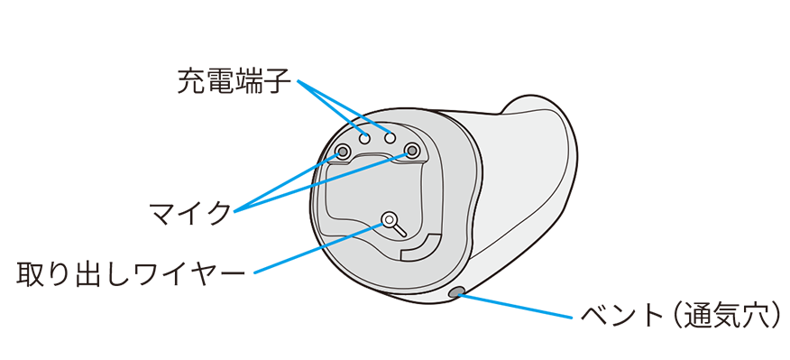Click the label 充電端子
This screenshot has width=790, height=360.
[x=234, y=82]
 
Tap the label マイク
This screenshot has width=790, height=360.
[x=189, y=214]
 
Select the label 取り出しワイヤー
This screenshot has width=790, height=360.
[x=131, y=274]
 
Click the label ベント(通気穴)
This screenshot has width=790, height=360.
[x=681, y=316]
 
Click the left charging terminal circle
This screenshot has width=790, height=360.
[x=364, y=137]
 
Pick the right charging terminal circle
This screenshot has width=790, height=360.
[x=389, y=136]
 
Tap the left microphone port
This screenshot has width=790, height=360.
[x=343, y=151]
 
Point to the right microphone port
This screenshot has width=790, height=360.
[x=412, y=150]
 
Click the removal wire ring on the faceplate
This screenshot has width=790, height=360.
[x=389, y=219]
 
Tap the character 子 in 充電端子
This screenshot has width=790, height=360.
[x=277, y=82]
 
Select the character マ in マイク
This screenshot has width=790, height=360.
[x=161, y=214]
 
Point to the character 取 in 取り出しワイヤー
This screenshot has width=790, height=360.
[x=29, y=274]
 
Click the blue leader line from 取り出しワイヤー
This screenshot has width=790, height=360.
[x=318, y=248]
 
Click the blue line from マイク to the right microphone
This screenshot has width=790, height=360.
[x=323, y=181]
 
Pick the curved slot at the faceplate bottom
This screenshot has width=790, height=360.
[x=421, y=247]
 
